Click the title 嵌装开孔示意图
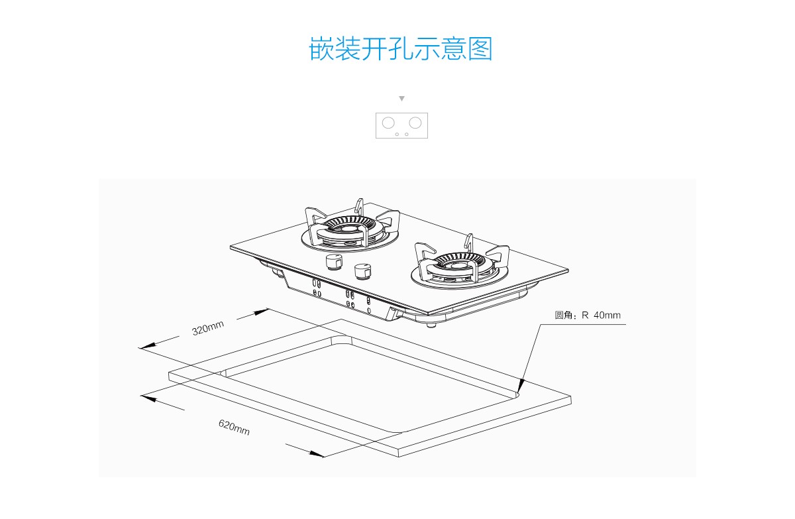[401, 48]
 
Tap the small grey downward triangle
[401, 98]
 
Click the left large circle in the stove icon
[388, 123]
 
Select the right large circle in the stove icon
[415, 123]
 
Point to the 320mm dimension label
[208, 327]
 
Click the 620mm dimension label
[234, 428]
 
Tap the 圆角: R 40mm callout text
[588, 316]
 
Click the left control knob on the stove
[334, 262]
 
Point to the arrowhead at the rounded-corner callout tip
[521, 386]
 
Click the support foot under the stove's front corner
[431, 324]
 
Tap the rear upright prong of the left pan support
[360, 207]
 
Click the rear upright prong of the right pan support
[469, 243]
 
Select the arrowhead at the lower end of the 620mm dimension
[317, 454]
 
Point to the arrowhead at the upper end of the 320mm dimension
[262, 312]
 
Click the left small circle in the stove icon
[397, 134]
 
